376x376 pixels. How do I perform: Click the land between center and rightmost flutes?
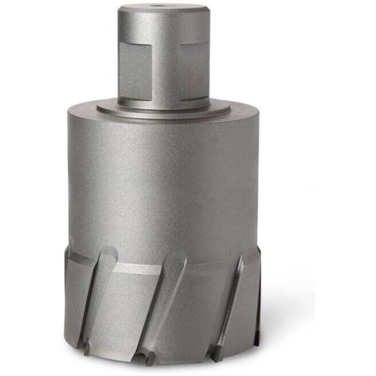point(202,305)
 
